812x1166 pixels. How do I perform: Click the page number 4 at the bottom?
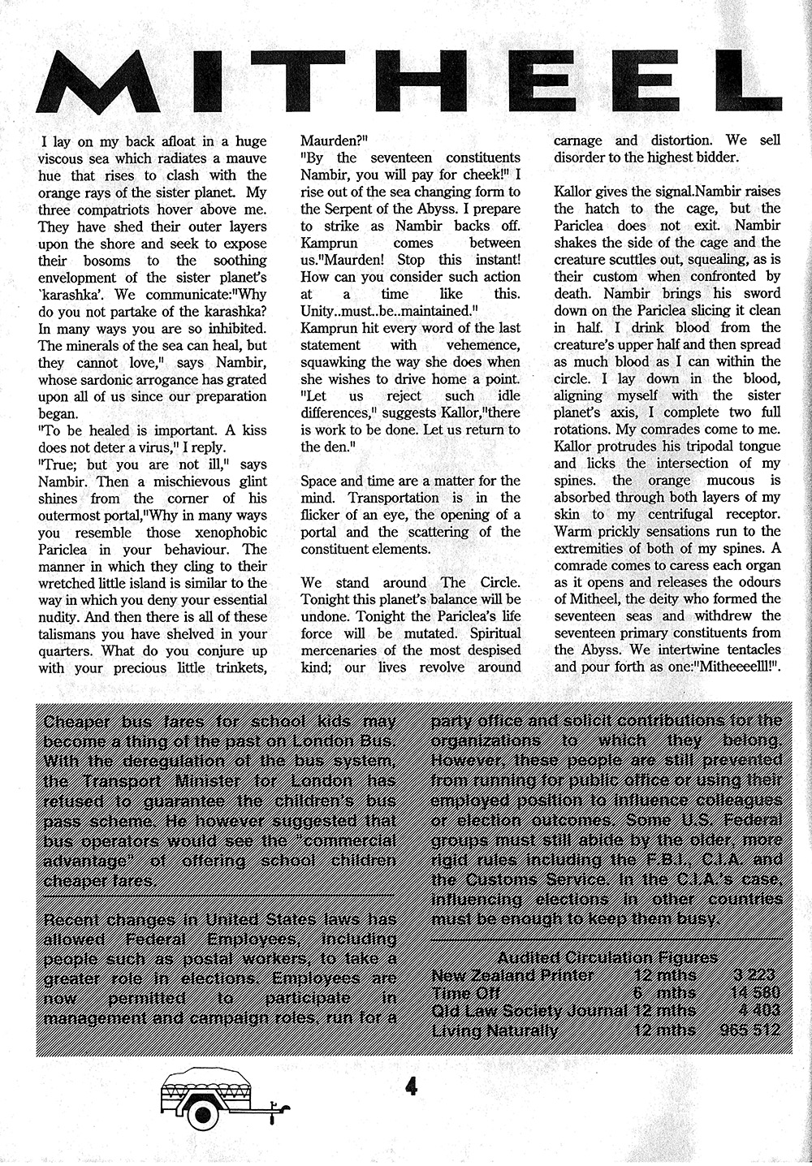[x=411, y=1086]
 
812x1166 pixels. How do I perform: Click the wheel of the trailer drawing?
[x=200, y=1112]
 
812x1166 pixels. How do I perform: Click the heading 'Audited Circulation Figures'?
[x=607, y=957]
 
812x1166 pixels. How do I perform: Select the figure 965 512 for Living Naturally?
[x=749, y=1030]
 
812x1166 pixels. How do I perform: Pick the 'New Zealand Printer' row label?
[x=512, y=975]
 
